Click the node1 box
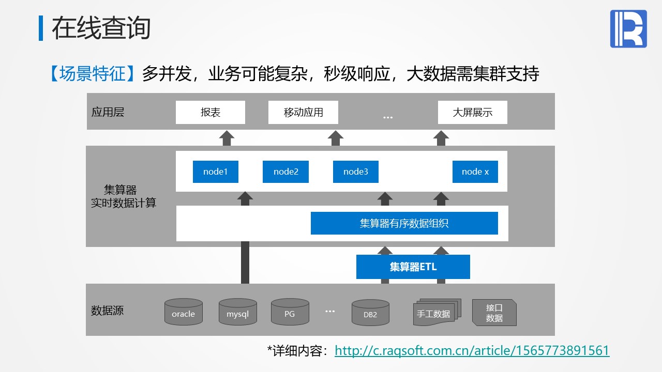(216, 172)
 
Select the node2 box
(285, 172)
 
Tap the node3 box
(355, 172)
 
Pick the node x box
(475, 172)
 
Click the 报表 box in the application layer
(210, 112)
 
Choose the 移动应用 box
(303, 112)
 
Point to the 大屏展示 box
(473, 112)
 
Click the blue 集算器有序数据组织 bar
(404, 223)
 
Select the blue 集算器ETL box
(413, 267)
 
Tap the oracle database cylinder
(184, 312)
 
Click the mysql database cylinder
(237, 312)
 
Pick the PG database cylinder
(290, 312)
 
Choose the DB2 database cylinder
(370, 313)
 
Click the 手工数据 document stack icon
(437, 312)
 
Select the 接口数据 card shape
(494, 313)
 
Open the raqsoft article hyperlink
(472, 351)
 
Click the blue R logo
(628, 28)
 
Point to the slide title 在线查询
(101, 28)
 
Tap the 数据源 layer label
(107, 311)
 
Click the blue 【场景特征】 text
(92, 73)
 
